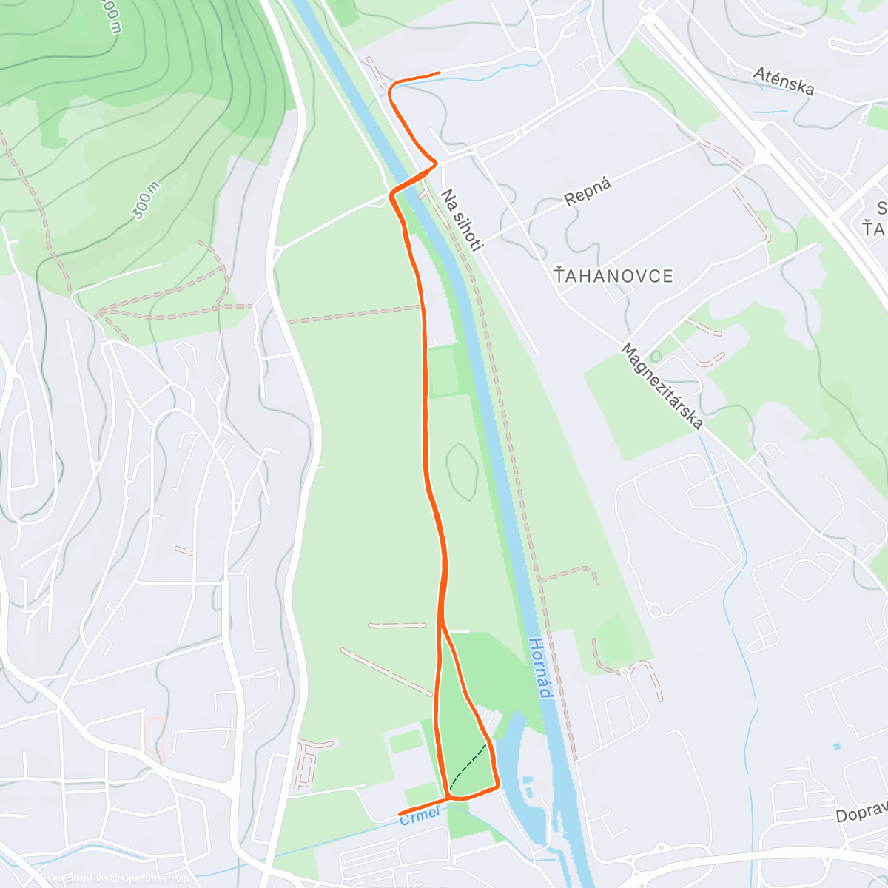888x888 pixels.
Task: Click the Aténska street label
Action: coord(784,81)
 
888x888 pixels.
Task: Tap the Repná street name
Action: coord(588,192)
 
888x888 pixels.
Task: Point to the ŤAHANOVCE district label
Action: coord(613,277)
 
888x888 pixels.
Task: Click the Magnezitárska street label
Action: coord(662,386)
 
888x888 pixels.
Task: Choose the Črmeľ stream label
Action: coord(420,816)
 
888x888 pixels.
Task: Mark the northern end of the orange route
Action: coord(440,73)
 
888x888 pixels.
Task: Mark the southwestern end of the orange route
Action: coord(400,815)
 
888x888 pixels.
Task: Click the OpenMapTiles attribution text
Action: coord(78,878)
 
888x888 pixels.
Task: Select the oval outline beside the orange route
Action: coord(462,471)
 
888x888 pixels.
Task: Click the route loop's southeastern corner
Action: coord(497,785)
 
